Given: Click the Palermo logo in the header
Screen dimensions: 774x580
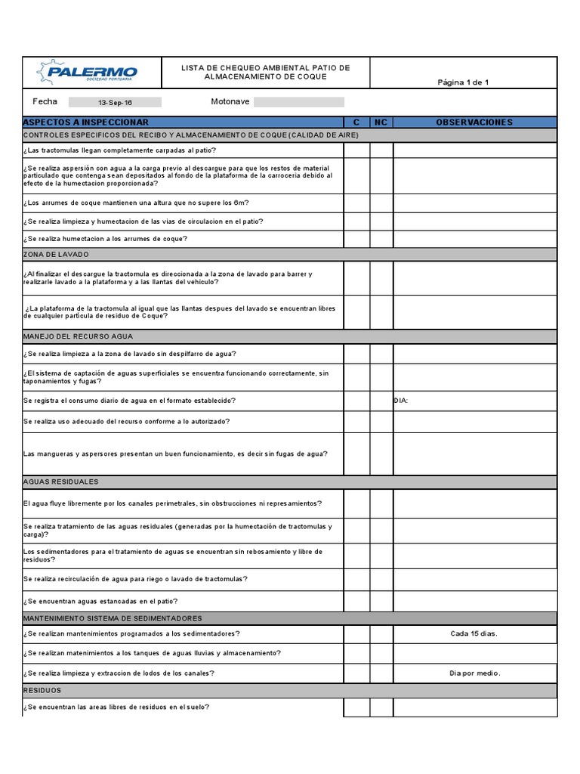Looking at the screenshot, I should click(x=90, y=73).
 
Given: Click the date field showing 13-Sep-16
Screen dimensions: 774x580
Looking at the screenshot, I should click(x=115, y=102).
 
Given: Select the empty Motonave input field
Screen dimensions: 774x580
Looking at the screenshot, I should click(x=298, y=102).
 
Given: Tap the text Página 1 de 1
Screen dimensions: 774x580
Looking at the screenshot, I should click(x=463, y=82).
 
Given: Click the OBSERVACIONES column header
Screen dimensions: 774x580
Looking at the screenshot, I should click(x=474, y=122).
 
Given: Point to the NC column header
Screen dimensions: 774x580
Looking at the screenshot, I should click(x=381, y=122).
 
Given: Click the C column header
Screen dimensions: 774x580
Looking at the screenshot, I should click(x=356, y=122).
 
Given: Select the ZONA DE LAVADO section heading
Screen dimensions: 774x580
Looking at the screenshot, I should click(x=57, y=255).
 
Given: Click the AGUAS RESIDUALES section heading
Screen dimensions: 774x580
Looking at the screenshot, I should click(x=61, y=481).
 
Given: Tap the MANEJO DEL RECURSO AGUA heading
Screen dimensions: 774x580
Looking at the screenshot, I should click(x=78, y=336).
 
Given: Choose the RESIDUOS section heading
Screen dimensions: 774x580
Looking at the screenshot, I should click(x=42, y=691).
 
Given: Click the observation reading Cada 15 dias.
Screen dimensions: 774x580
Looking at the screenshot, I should click(x=474, y=634).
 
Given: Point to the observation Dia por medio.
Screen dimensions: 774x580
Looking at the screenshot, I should click(x=474, y=673).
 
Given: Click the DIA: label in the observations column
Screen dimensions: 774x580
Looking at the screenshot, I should click(x=401, y=401).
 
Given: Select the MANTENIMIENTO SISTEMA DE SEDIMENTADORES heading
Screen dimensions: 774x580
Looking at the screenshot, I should click(x=113, y=618).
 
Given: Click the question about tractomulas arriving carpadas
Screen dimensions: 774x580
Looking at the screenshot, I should click(x=119, y=150).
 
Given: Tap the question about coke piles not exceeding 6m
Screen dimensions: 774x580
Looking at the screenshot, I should click(x=136, y=203).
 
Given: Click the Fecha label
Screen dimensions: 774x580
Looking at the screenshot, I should click(x=45, y=101).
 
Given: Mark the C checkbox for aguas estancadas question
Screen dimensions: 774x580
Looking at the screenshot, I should click(x=356, y=601).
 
